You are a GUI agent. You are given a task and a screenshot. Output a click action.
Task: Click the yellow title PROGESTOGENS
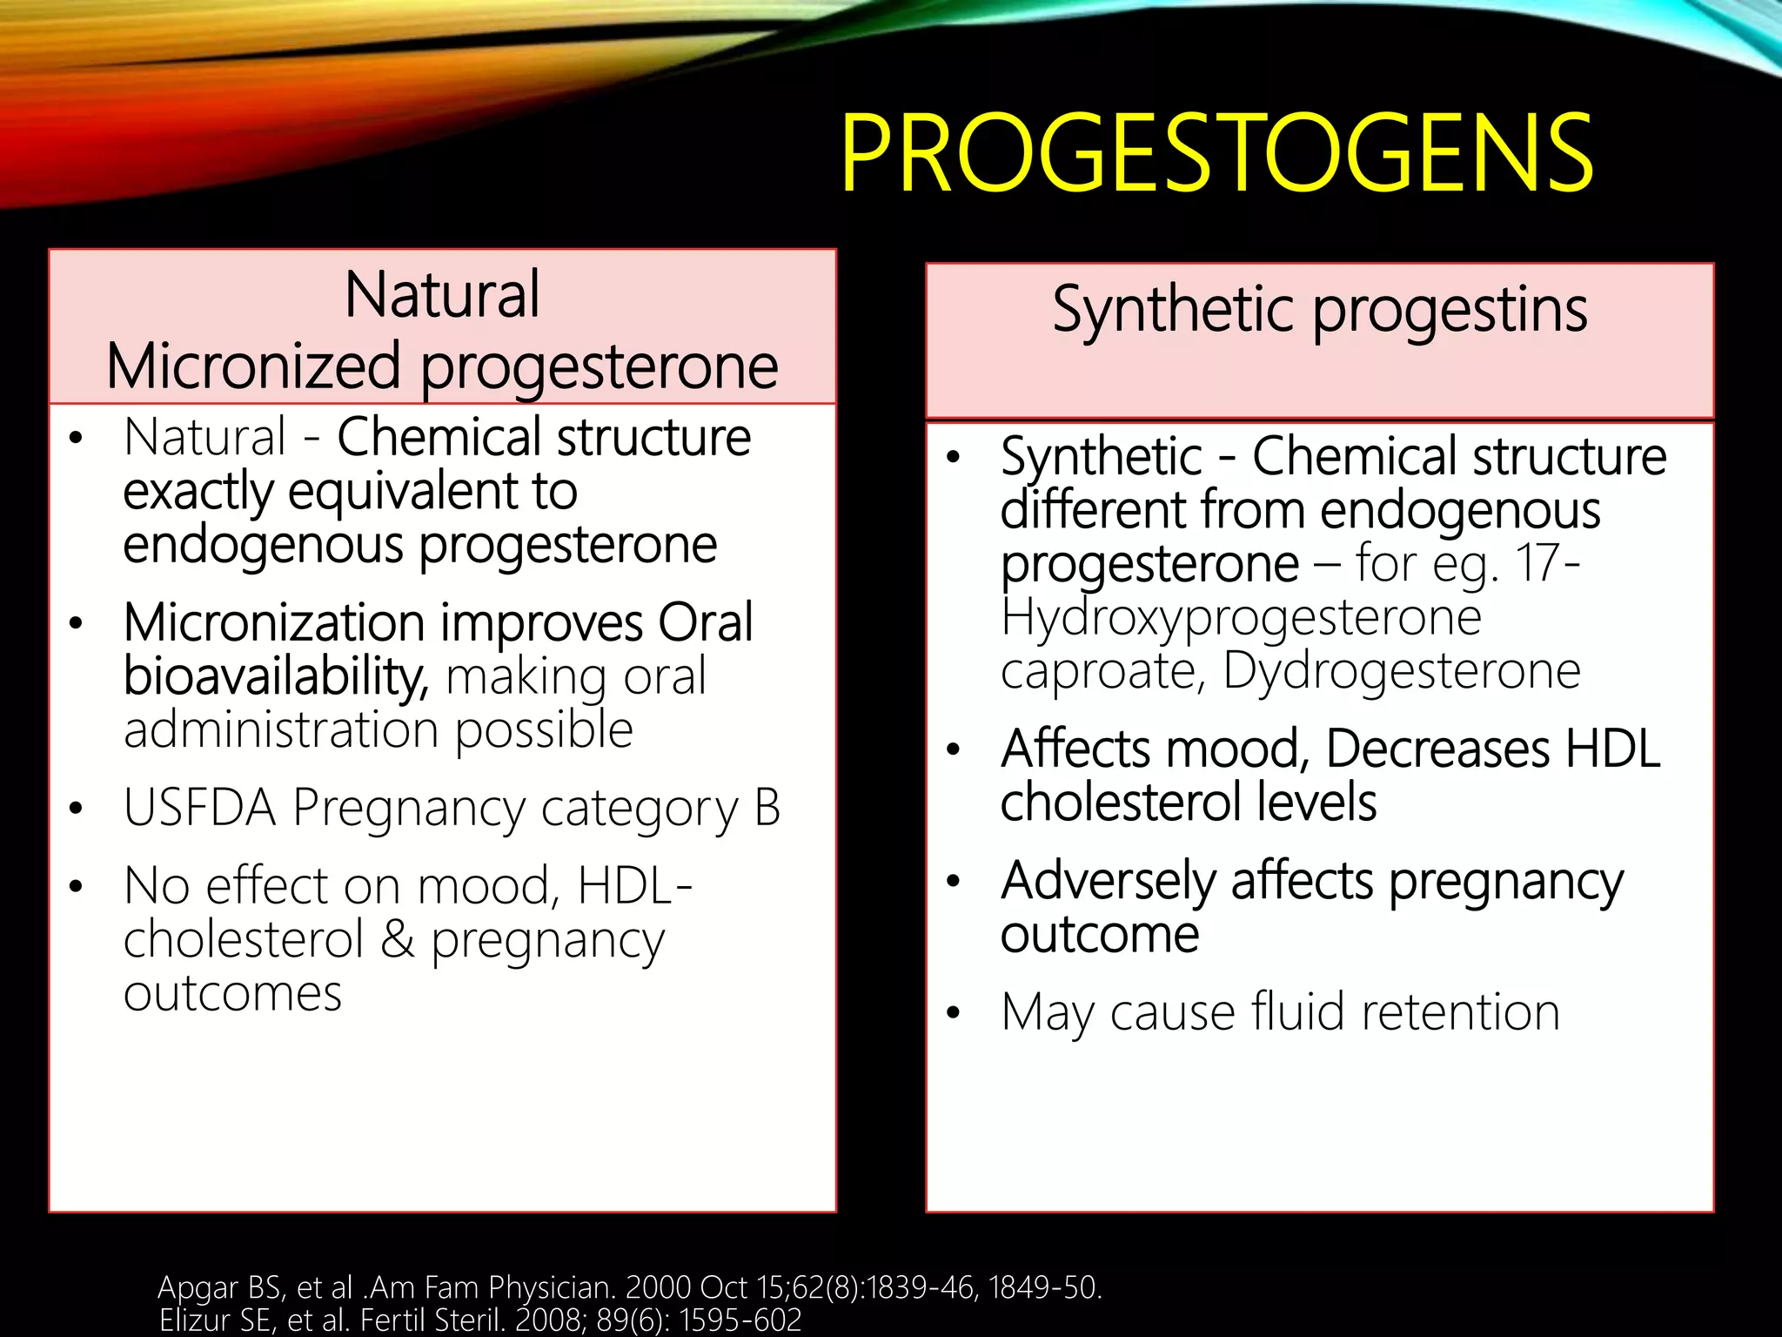click(1216, 155)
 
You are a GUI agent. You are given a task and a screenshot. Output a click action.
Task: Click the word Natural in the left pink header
click(442, 295)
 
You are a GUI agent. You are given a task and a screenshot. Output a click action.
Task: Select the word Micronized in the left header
click(253, 366)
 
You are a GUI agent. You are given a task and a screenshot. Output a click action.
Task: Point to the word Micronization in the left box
click(274, 623)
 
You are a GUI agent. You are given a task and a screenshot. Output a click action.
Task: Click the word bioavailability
click(275, 676)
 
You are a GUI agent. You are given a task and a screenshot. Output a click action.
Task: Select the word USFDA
click(199, 808)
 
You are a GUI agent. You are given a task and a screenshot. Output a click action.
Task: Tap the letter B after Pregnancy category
click(767, 808)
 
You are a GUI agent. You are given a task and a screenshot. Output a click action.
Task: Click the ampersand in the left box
click(398, 940)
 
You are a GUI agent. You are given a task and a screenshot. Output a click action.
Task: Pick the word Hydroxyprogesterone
click(1241, 618)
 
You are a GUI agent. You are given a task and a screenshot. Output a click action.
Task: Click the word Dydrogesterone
click(1401, 671)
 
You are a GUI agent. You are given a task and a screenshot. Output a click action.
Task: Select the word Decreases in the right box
click(1437, 749)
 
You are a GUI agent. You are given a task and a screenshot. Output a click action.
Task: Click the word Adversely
click(1108, 881)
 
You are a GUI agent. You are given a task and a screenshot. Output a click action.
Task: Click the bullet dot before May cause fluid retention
click(954, 1013)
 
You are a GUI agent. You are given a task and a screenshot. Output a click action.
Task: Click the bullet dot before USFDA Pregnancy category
click(77, 809)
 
